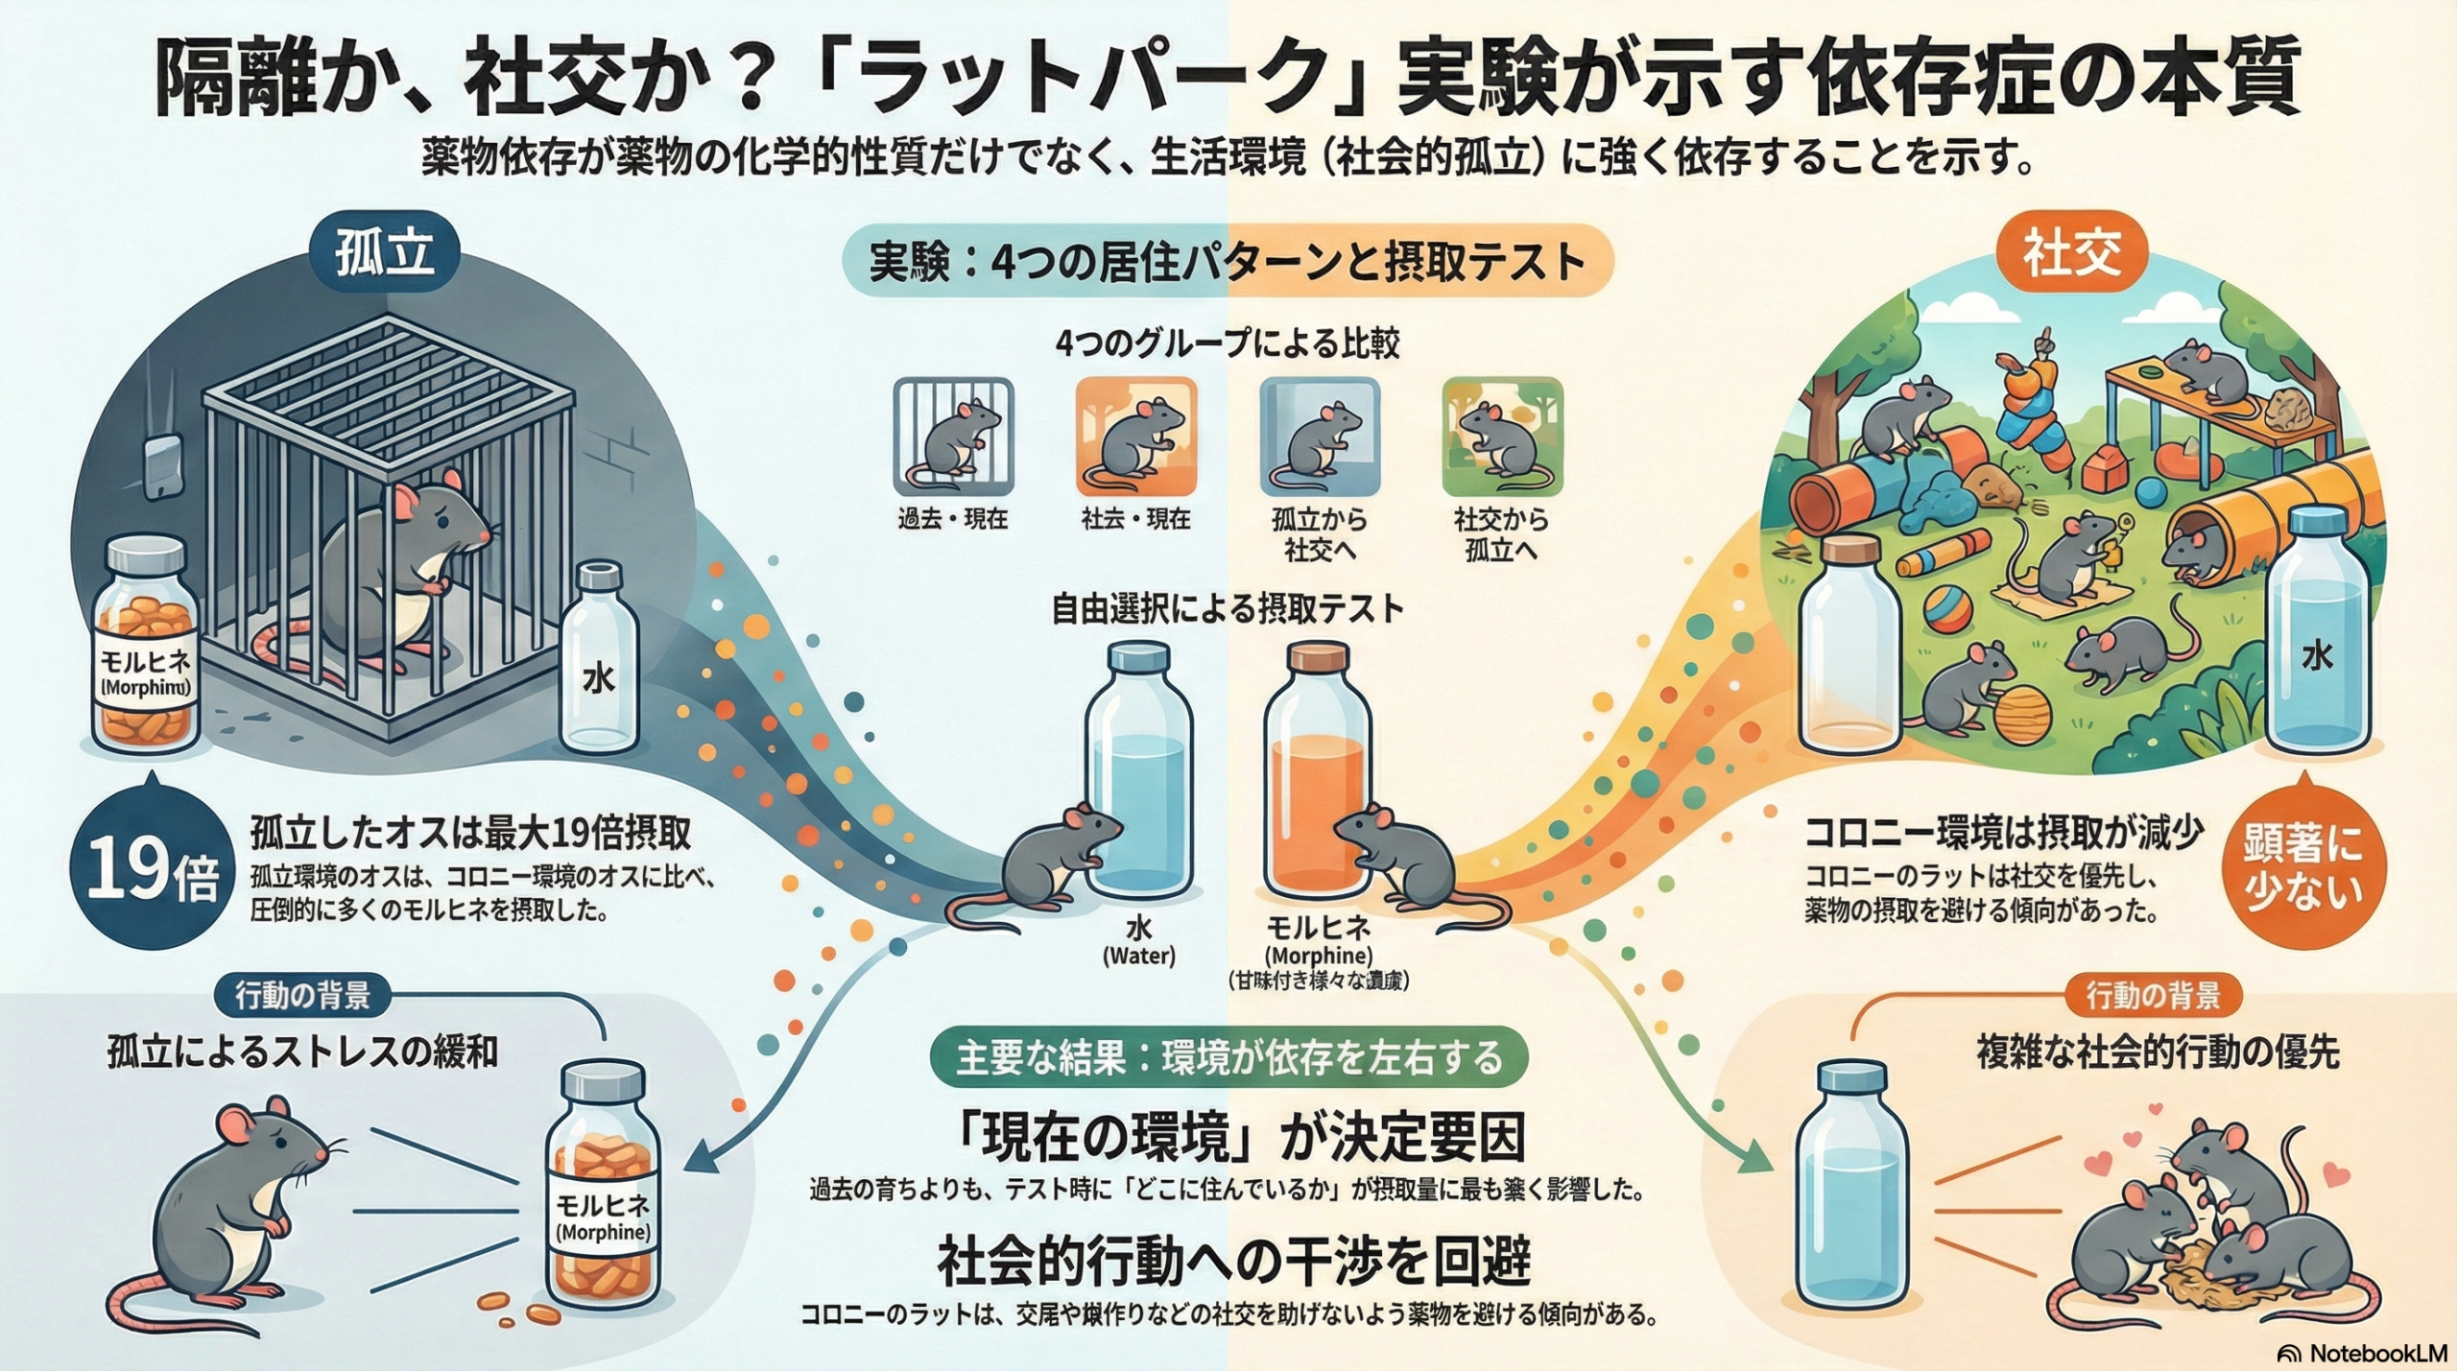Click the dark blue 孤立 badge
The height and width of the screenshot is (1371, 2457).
pos(385,253)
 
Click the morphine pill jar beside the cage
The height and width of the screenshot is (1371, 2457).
pos(146,645)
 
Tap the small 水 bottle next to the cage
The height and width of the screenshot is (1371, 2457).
pos(598,658)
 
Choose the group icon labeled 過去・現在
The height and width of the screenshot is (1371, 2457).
pos(953,437)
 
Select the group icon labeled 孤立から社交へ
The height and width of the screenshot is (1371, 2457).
pos(1319,437)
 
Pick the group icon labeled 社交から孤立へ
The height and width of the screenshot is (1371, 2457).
pos(1502,437)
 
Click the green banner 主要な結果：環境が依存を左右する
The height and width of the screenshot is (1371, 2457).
pos(1228,1057)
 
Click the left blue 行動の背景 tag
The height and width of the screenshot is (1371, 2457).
pos(302,996)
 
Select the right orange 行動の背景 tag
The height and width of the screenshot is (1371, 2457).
pos(2153,996)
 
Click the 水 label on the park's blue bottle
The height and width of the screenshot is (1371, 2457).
pos(2317,657)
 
